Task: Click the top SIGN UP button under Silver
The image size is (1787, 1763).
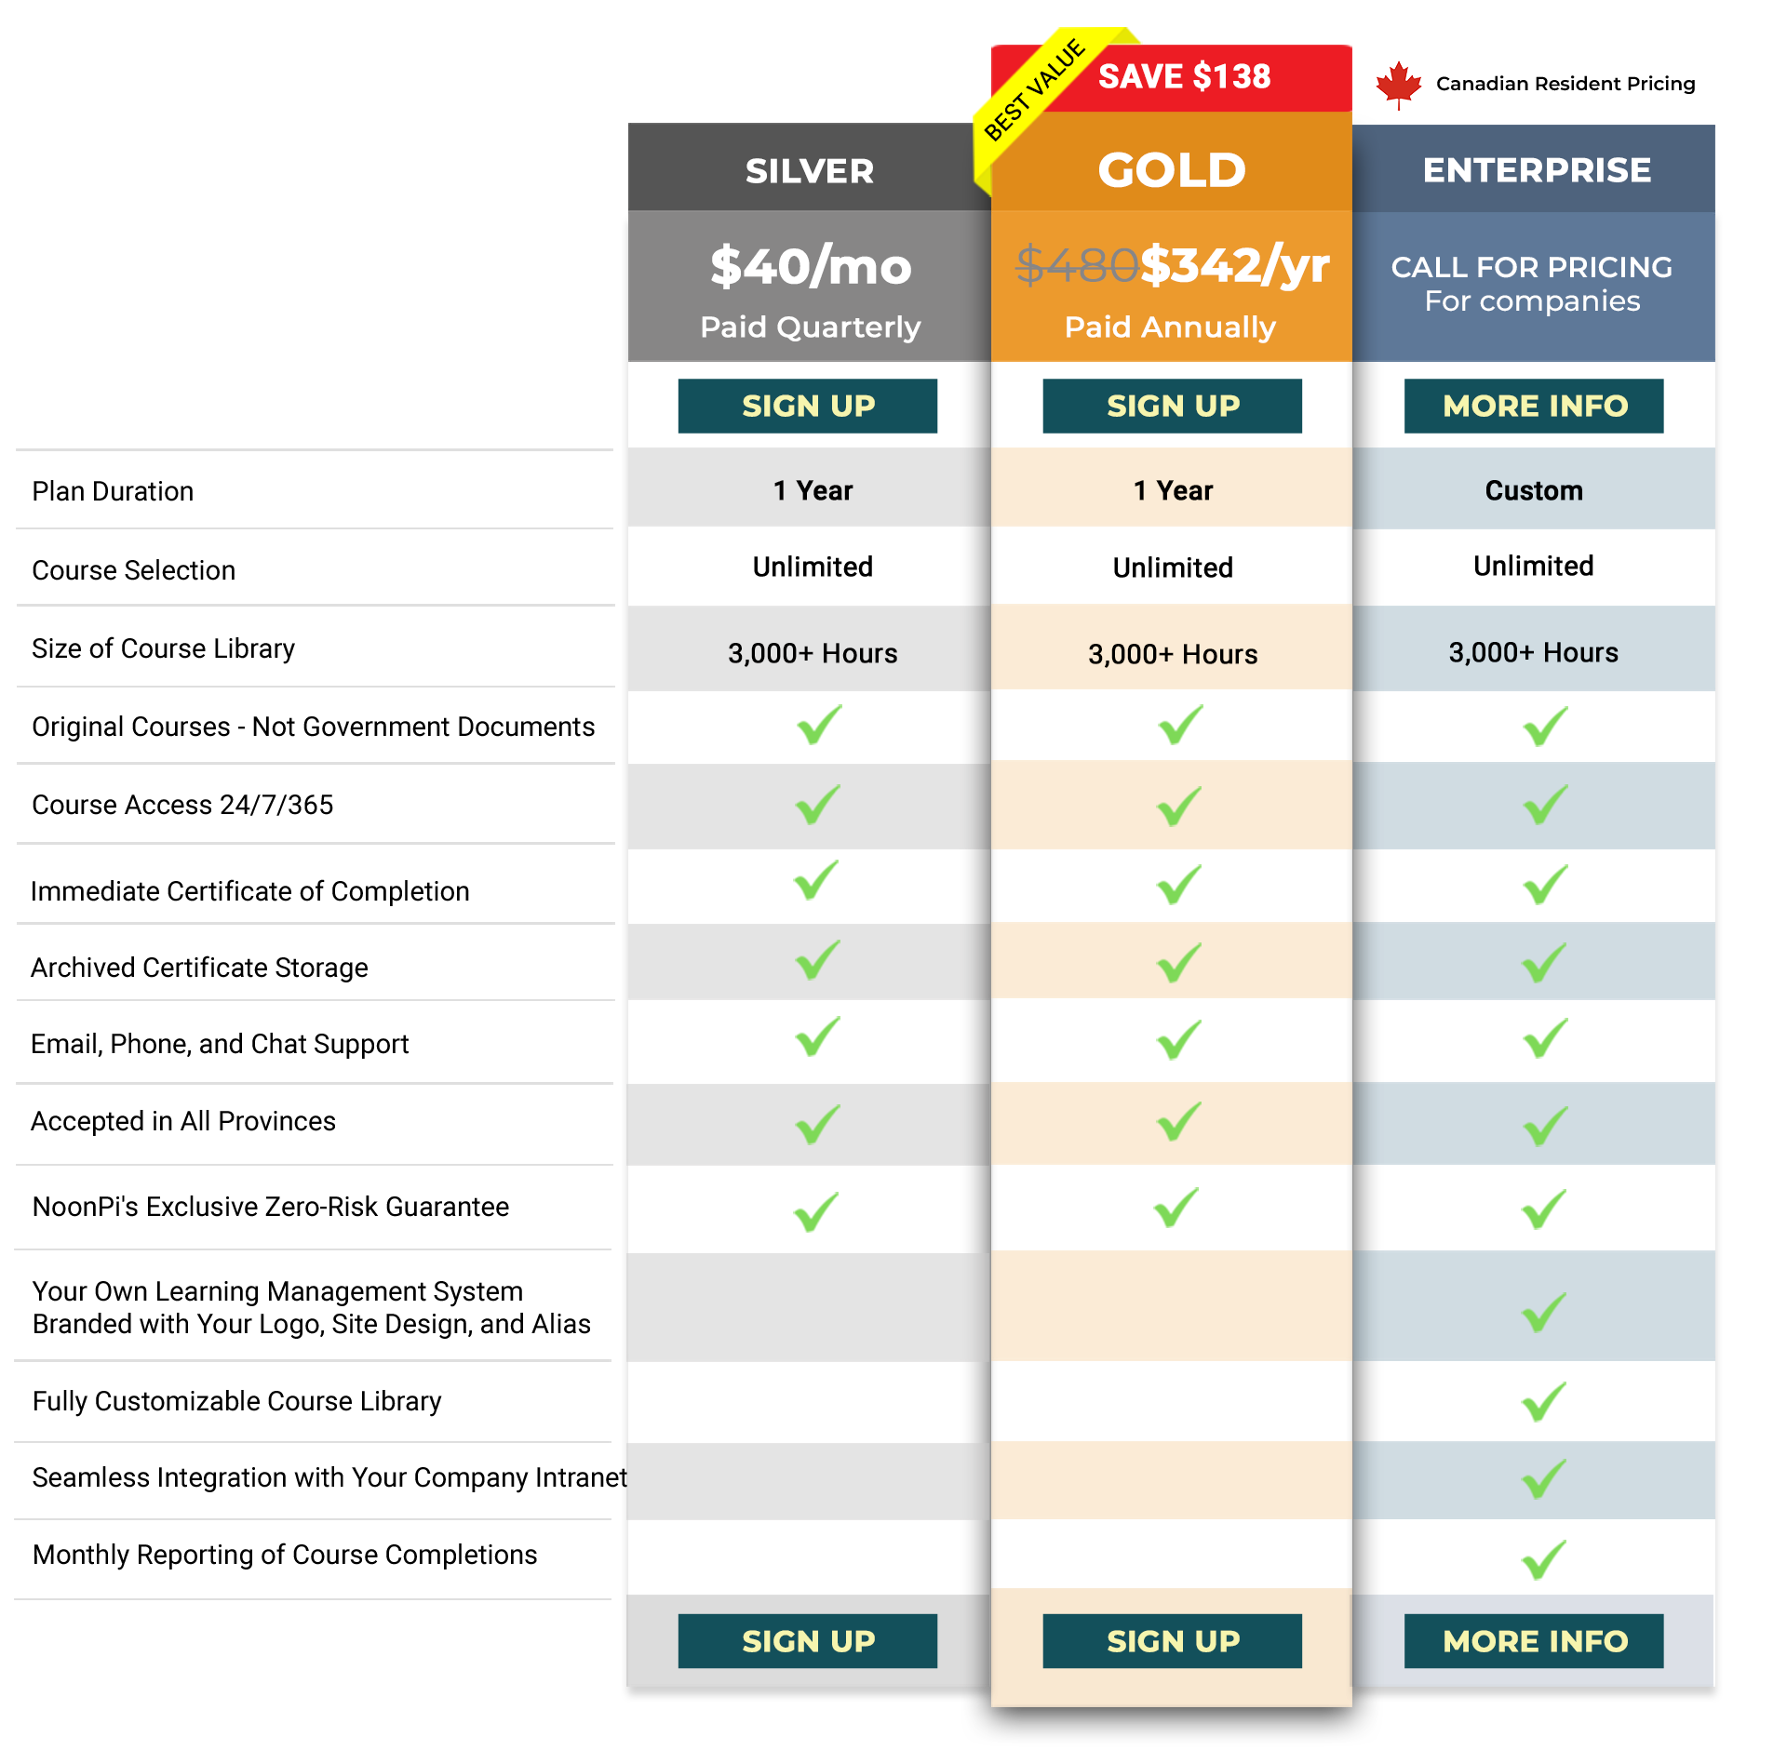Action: point(807,406)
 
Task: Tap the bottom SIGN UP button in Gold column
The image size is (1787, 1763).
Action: point(1172,1641)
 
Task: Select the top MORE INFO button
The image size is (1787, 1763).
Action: point(1534,406)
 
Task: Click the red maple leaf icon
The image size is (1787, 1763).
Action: point(1398,85)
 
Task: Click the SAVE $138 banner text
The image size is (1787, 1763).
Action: point(1184,76)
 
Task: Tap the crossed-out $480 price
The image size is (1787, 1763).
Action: point(1076,265)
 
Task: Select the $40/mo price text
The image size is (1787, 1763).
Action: point(810,267)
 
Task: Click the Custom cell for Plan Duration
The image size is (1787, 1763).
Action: point(1533,490)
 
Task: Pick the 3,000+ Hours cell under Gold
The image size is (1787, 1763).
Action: point(1172,654)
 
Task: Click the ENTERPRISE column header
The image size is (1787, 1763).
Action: point(1536,170)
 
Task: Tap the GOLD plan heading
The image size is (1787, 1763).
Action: point(1171,170)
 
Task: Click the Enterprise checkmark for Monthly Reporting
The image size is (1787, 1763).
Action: point(1543,1560)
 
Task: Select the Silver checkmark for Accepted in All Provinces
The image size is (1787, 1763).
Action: point(817,1125)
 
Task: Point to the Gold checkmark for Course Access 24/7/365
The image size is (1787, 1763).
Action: point(1178,806)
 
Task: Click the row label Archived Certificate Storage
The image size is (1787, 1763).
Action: point(199,968)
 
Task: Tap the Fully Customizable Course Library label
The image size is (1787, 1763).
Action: point(236,1401)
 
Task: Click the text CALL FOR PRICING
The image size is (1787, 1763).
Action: point(1531,267)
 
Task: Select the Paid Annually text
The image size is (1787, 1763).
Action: point(1170,327)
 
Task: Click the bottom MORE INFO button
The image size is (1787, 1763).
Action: point(1534,1641)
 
